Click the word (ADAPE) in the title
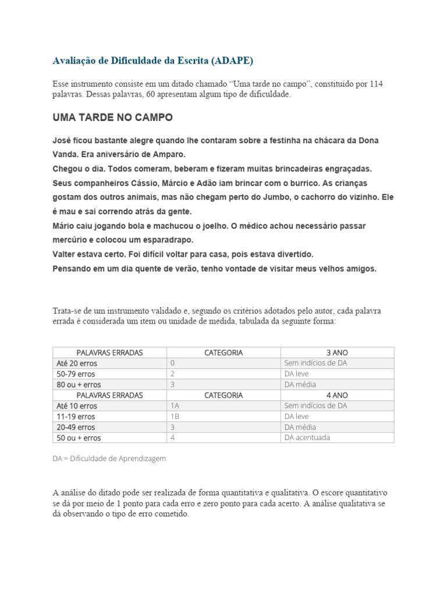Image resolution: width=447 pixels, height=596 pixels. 233,61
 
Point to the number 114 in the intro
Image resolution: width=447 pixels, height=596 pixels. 376,84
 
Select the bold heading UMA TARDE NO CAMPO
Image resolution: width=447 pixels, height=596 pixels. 112,117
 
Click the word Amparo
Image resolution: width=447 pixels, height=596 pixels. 169,155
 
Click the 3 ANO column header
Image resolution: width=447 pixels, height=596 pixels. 337,352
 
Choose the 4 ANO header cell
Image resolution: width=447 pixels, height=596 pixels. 337,395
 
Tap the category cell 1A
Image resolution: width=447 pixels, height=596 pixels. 175,406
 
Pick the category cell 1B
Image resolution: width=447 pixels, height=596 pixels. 175,416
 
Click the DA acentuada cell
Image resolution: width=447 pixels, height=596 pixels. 307,437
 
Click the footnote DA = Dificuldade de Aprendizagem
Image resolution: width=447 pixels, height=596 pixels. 109,458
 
